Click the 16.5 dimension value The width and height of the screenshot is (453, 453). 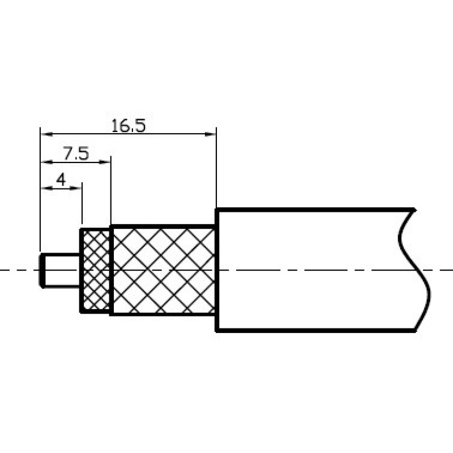pos(129,126)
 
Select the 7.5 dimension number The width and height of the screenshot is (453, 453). pos(76,153)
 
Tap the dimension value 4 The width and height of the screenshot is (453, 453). pos(61,180)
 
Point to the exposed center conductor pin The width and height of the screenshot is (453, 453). pos(60,271)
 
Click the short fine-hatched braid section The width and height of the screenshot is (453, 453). pos(95,271)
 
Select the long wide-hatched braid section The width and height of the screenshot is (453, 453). pos(163,270)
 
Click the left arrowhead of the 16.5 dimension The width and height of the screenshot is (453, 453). pos(46,134)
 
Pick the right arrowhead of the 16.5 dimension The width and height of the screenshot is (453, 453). pos(210,134)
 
